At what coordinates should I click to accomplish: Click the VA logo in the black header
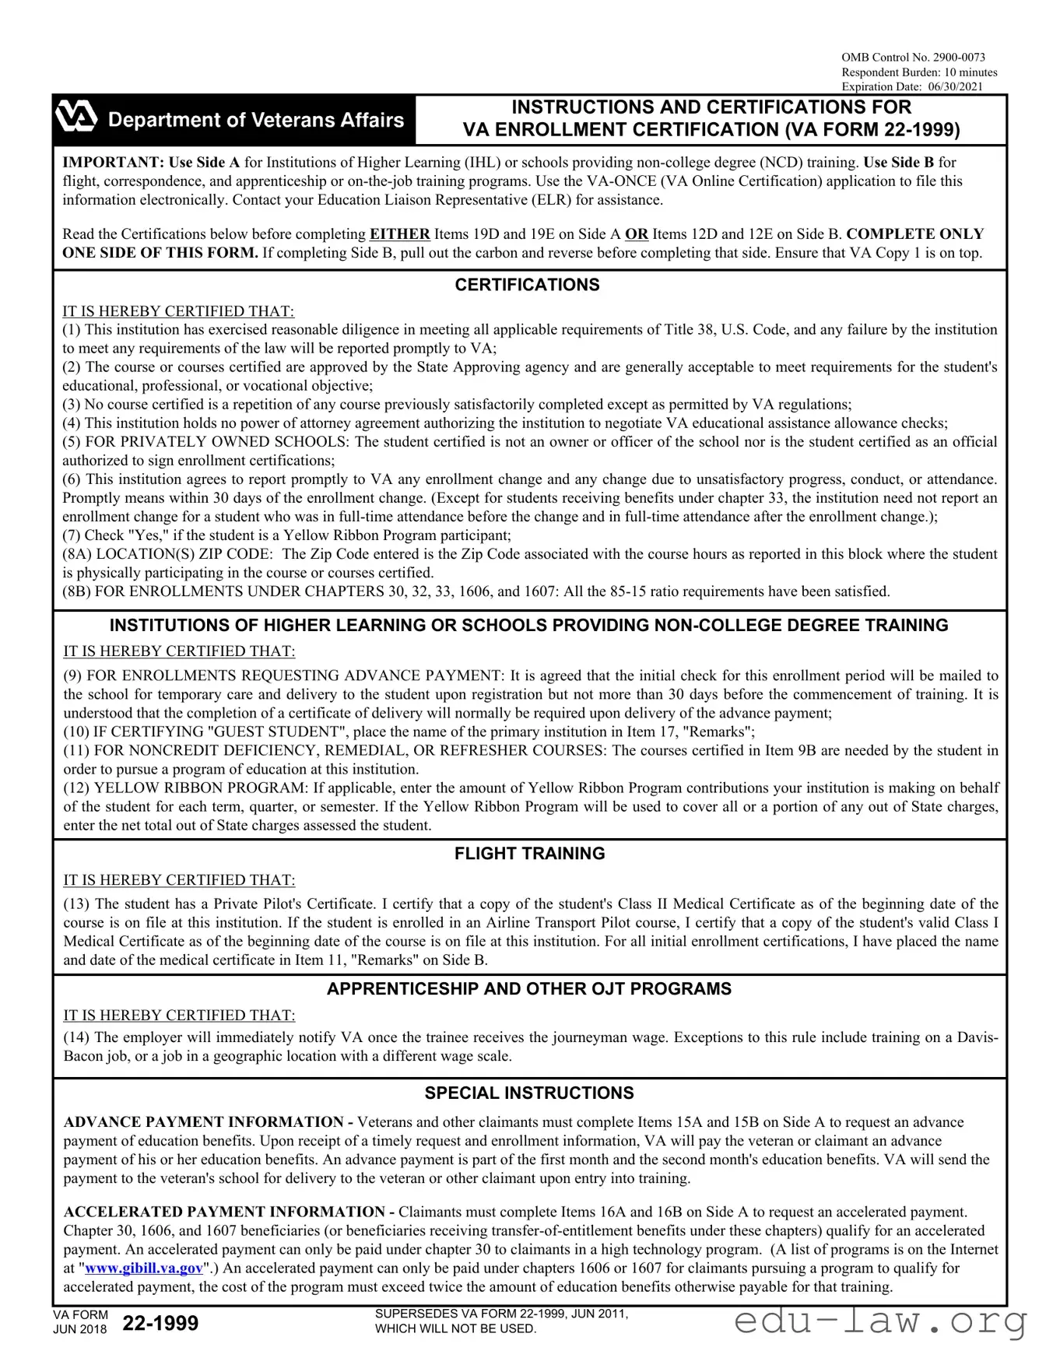tap(76, 118)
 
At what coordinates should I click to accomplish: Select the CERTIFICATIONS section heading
tap(527, 285)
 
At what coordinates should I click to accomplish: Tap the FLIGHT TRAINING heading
tap(529, 854)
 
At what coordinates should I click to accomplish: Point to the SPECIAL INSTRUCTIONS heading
tap(529, 1093)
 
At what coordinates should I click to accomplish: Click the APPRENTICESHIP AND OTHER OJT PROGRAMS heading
tap(529, 989)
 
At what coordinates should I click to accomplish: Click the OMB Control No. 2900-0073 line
tap(913, 57)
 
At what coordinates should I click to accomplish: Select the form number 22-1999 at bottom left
tap(160, 1323)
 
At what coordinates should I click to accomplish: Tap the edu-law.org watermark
tap(879, 1321)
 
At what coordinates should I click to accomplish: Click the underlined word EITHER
tap(399, 234)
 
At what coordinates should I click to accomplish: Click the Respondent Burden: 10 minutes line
tap(919, 72)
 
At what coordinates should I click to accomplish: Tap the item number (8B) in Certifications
tap(76, 591)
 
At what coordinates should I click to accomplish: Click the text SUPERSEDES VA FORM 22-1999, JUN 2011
tap(501, 1314)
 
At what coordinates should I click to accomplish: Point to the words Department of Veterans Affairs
tap(256, 120)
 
